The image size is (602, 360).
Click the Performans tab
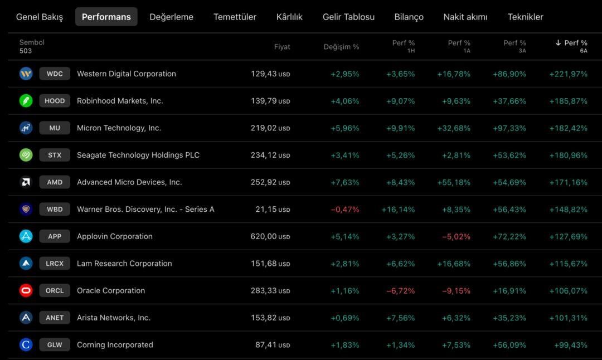pos(106,17)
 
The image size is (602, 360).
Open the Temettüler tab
pos(235,17)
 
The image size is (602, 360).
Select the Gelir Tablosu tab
pos(348,17)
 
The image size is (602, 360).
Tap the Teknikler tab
pos(525,17)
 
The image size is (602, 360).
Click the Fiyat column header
pos(282,47)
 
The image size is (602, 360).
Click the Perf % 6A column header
pos(571,46)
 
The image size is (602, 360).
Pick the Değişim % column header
pos(341,47)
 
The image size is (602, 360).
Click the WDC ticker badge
pos(55,74)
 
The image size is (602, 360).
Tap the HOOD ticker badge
pos(55,101)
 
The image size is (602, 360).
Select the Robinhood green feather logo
pos(26,101)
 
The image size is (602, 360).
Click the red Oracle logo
pos(26,290)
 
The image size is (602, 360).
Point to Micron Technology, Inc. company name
pos(119,128)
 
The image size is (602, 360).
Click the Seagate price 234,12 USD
pos(270,155)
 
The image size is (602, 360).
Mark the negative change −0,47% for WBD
pos(345,210)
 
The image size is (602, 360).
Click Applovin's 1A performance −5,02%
pos(456,237)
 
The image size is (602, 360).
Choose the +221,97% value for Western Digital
pos(568,74)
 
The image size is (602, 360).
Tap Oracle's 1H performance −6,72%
pos(400,291)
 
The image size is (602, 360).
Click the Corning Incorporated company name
pos(115,344)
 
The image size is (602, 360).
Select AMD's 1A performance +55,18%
pos(454,182)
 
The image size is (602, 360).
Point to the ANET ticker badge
pos(55,318)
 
